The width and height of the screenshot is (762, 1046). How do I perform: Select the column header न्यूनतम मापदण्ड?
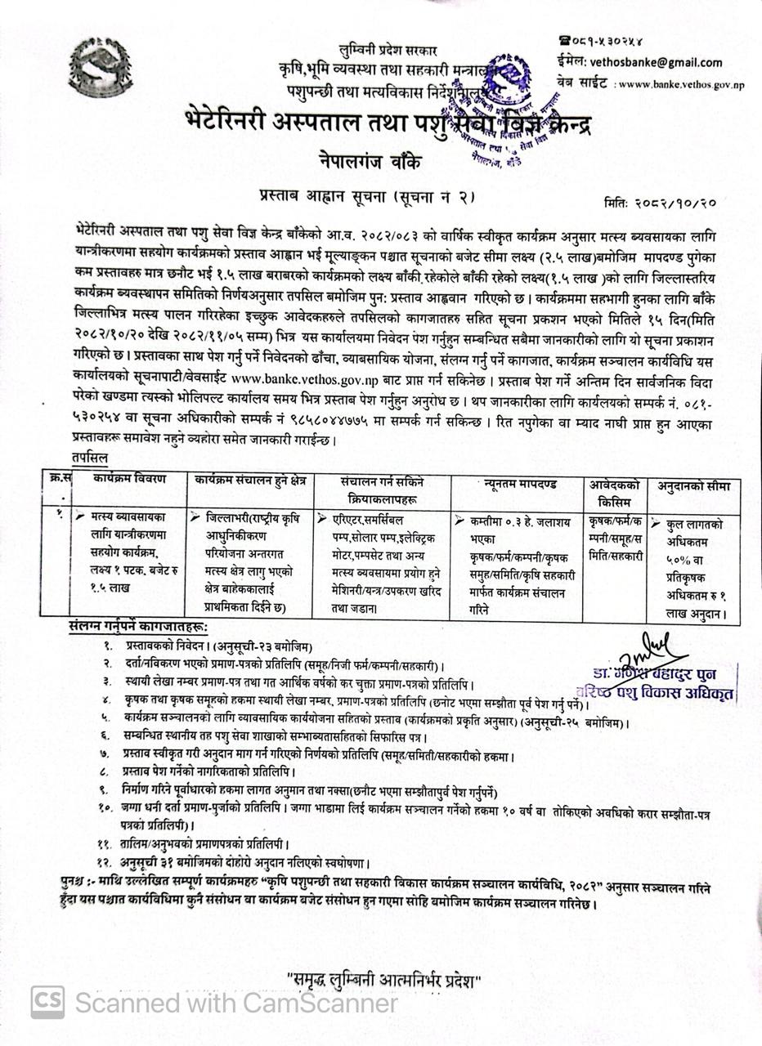point(518,484)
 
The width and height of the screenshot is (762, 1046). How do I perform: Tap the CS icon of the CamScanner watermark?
point(48,1003)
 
